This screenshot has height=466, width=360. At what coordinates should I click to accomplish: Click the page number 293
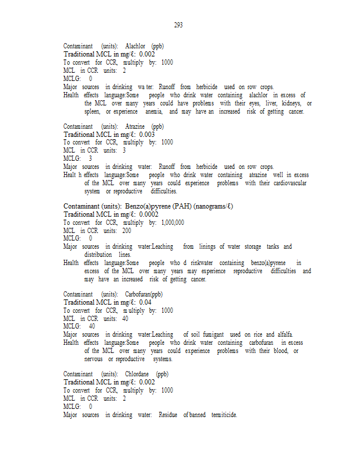click(178, 25)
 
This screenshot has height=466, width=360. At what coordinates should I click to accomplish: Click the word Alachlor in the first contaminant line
click(135, 46)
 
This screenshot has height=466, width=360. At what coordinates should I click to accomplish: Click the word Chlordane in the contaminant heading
click(137, 374)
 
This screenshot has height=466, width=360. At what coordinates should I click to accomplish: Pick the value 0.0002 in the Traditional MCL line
click(149, 214)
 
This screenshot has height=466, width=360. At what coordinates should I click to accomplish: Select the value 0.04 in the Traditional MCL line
click(145, 302)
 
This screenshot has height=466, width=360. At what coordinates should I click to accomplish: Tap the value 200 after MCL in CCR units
click(126, 231)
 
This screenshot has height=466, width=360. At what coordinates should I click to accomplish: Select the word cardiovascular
click(284, 183)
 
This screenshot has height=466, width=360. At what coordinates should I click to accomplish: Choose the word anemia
click(153, 111)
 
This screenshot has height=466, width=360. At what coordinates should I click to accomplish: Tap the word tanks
click(273, 246)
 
